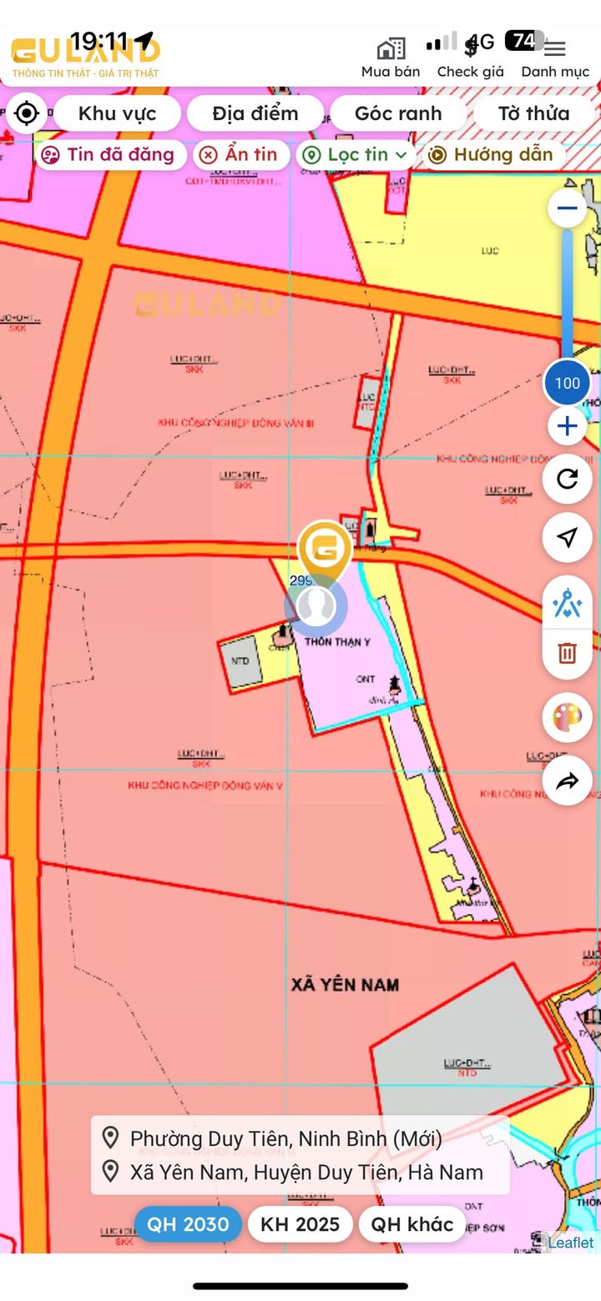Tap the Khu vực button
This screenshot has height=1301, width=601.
[117, 113]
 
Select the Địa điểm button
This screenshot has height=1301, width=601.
[255, 113]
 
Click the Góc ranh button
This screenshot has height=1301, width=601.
[398, 113]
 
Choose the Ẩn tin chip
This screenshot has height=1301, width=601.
[242, 154]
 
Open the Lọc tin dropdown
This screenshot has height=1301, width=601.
[356, 154]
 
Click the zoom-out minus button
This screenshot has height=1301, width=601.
[568, 208]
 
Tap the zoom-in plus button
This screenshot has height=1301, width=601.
[568, 427]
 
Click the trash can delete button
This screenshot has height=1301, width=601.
[568, 652]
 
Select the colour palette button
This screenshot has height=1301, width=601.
[568, 717]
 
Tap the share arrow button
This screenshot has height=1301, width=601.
[568, 781]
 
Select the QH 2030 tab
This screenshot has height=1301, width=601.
[188, 1223]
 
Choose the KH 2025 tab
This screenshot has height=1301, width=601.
[300, 1223]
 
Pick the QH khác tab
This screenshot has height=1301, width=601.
[412, 1223]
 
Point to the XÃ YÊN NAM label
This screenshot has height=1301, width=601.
[345, 985]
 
